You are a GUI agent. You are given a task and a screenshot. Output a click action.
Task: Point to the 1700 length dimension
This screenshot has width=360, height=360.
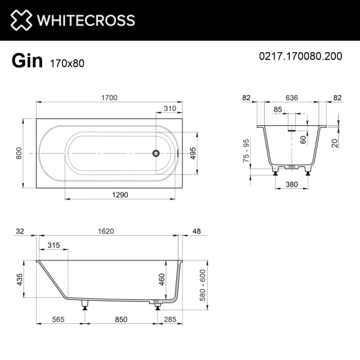109,98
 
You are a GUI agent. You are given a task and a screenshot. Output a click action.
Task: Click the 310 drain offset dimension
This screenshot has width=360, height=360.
170,109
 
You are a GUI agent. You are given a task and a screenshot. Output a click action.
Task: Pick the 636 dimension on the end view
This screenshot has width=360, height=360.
293,98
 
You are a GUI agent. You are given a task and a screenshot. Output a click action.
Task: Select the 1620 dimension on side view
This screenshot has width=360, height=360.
106,231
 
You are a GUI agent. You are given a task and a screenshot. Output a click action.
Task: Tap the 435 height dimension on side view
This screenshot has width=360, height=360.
19,279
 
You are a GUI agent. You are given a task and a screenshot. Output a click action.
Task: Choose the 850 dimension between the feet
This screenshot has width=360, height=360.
121,320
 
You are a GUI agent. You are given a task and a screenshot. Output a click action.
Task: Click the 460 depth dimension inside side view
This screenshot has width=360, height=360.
161,279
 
